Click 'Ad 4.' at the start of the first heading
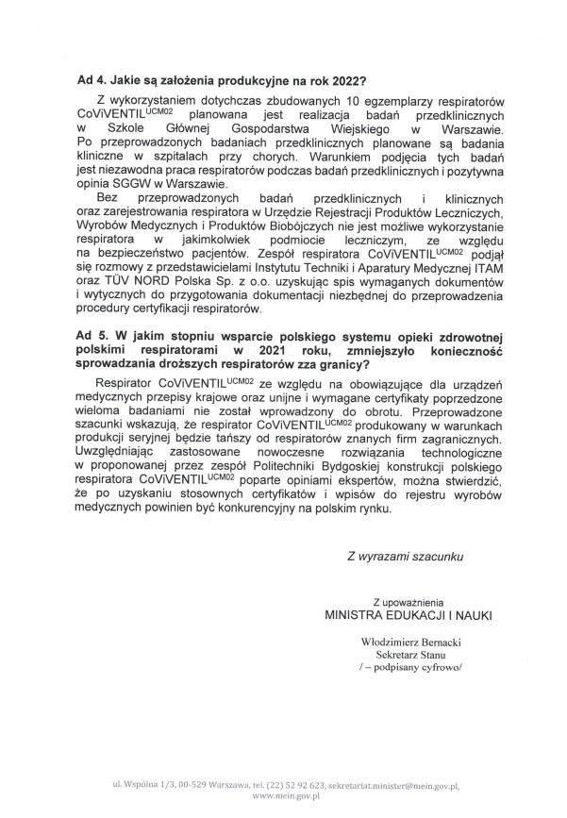coord(92,82)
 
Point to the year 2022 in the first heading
coord(348,82)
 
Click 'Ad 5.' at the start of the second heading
coord(92,337)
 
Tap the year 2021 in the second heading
coord(291,351)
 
